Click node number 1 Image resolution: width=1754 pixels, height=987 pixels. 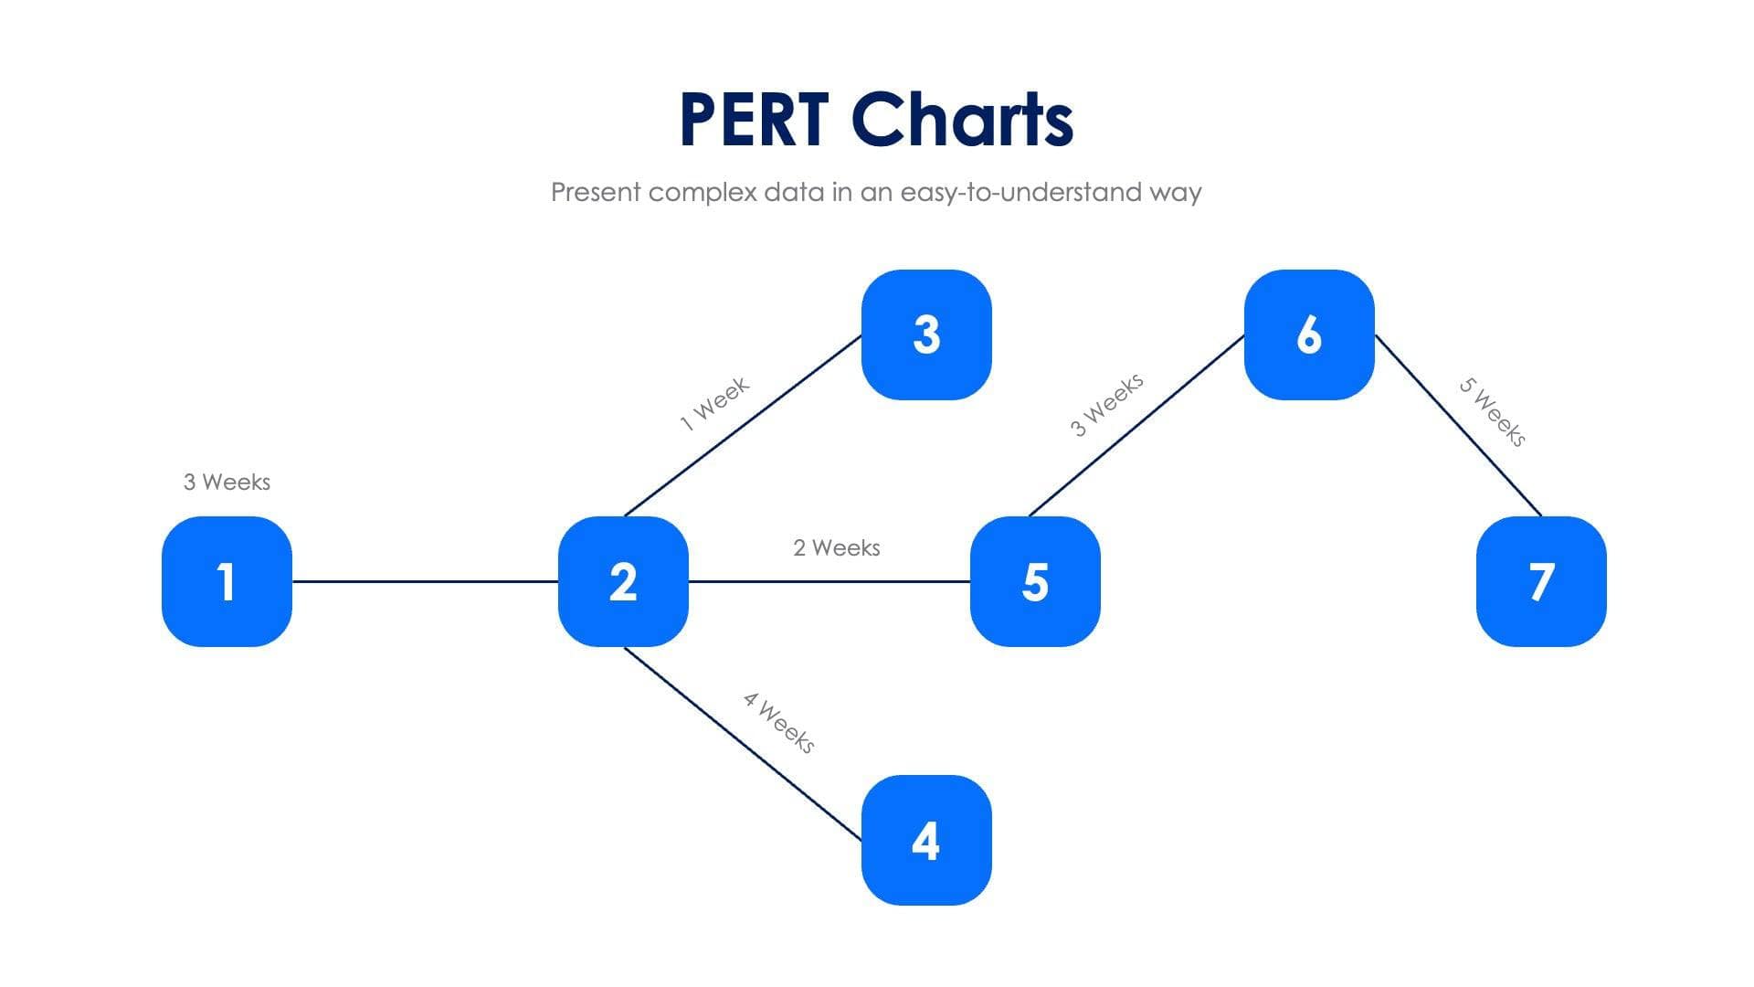coord(227,581)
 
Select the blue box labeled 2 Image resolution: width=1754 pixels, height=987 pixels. coord(623,581)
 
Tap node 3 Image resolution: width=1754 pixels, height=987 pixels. coord(926,334)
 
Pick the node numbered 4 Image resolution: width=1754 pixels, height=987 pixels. coord(926,840)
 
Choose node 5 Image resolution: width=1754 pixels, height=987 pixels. coord(1035,581)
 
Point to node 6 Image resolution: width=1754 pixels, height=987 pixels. coord(1309,334)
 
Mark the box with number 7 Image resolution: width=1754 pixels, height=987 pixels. coord(1541,581)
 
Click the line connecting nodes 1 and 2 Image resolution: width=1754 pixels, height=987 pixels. coord(425,581)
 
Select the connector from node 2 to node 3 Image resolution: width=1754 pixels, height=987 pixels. coord(742,426)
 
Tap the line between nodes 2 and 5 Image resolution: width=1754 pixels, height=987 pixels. coord(829,581)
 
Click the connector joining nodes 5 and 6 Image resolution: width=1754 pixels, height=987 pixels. coord(1136,426)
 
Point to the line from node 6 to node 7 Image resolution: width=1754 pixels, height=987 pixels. coord(1458,425)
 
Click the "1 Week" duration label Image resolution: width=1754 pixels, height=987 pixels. coord(714,403)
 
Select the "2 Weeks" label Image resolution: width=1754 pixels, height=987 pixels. coord(836,547)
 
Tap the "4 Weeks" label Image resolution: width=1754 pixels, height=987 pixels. coord(778,723)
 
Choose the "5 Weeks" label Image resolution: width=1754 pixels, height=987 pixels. coord(1492,412)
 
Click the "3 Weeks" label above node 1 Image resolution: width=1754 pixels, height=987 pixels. coord(227,482)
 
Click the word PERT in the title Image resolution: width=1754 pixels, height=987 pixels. coord(754,120)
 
